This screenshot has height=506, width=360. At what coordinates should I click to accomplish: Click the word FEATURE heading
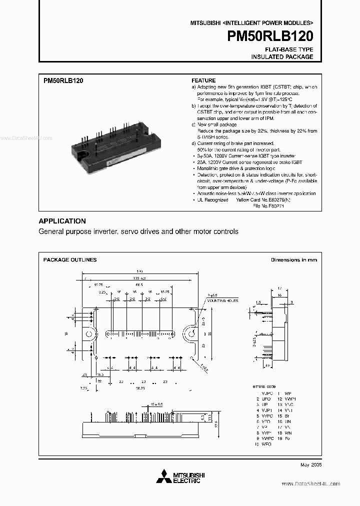[x=203, y=80]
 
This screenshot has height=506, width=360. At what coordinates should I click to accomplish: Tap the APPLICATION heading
[x=62, y=221]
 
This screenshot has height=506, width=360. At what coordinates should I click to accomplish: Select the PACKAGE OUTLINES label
[x=70, y=260]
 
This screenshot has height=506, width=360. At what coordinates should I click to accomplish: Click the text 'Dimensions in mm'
[x=294, y=260]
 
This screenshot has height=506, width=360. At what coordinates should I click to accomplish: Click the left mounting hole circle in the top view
[x=89, y=334]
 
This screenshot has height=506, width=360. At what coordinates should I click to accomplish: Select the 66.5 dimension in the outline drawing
[x=138, y=284]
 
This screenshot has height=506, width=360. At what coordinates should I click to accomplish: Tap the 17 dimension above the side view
[x=280, y=288]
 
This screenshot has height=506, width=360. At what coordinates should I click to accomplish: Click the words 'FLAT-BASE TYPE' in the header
[x=289, y=49]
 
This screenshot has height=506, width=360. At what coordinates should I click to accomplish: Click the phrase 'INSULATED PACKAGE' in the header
[x=282, y=57]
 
